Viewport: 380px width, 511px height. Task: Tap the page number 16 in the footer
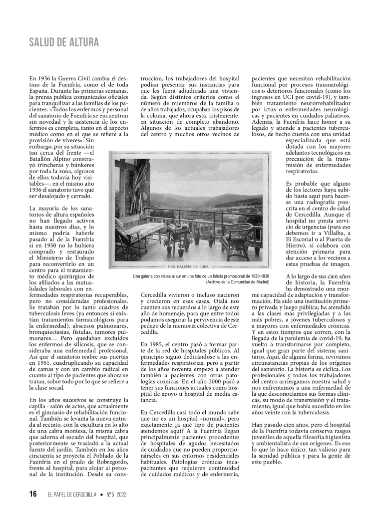(32, 494)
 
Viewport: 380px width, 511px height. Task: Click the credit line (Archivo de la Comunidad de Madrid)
(237, 282)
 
